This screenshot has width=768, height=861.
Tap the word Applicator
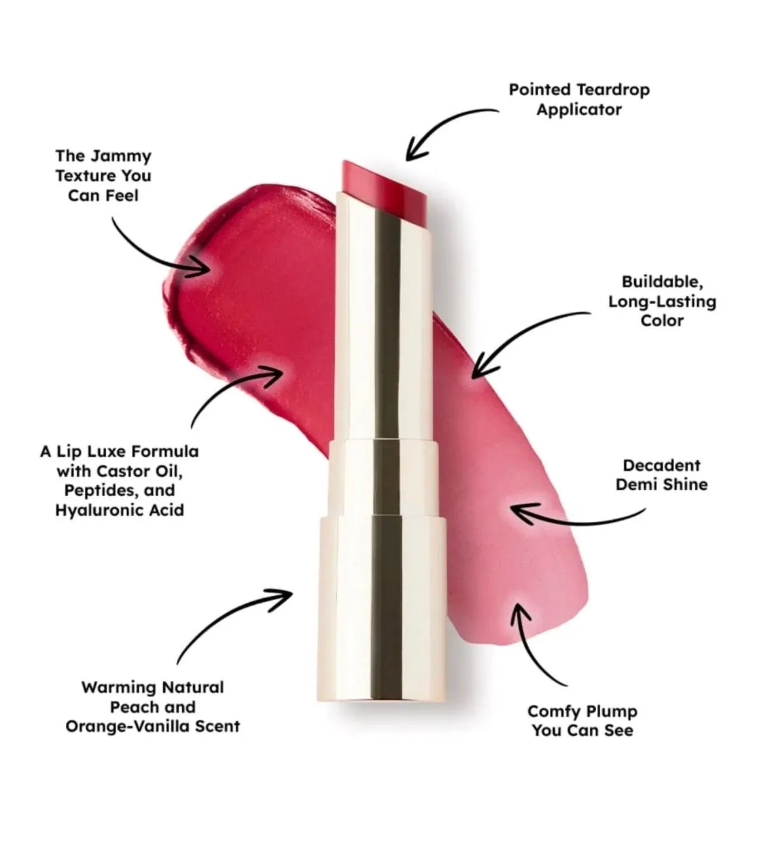tap(579, 110)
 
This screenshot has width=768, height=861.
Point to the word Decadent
tap(661, 466)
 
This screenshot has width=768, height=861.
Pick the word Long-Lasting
tap(662, 301)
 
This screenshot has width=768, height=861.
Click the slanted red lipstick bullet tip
tap(384, 185)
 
